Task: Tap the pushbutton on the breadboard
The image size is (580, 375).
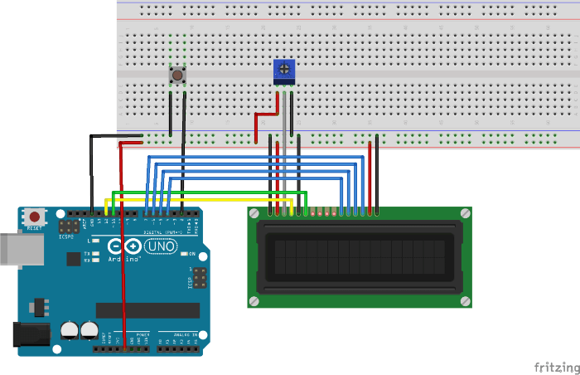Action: (x=176, y=76)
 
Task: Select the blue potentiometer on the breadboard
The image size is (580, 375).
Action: (x=283, y=72)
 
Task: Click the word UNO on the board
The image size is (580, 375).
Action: (x=162, y=246)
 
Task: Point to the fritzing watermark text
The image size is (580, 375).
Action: (x=556, y=366)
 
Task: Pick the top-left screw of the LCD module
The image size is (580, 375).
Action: (x=255, y=214)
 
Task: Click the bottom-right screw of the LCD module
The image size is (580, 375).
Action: (x=466, y=300)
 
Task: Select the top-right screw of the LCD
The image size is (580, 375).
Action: (x=466, y=214)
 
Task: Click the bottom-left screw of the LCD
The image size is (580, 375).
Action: (x=255, y=300)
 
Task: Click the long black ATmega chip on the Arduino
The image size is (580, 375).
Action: (x=147, y=310)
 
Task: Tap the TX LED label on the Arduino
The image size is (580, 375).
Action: (x=87, y=252)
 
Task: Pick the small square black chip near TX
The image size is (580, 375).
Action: (x=73, y=259)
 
